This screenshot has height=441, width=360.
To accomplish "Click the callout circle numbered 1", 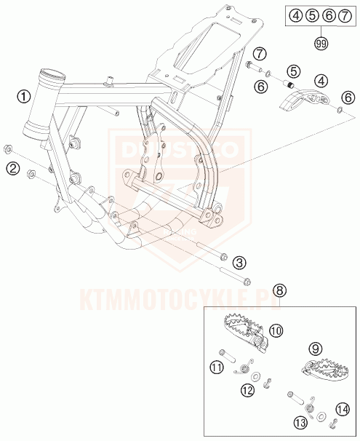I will click(25, 96).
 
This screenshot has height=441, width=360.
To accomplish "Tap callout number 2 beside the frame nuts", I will click(12, 169).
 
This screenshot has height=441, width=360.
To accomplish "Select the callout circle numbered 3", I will click(239, 263).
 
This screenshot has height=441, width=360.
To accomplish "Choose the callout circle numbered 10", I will click(276, 331).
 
